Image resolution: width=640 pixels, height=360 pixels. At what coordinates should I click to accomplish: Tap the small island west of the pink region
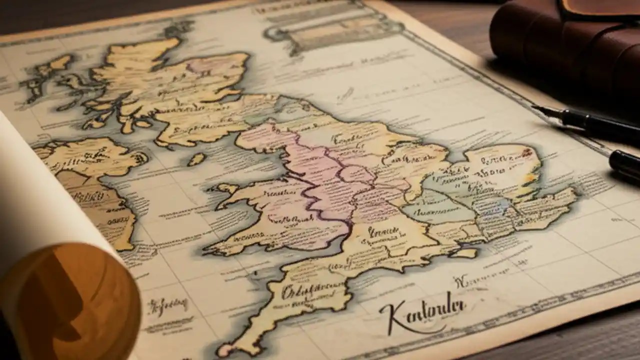pyautogui.click(x=196, y=159)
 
